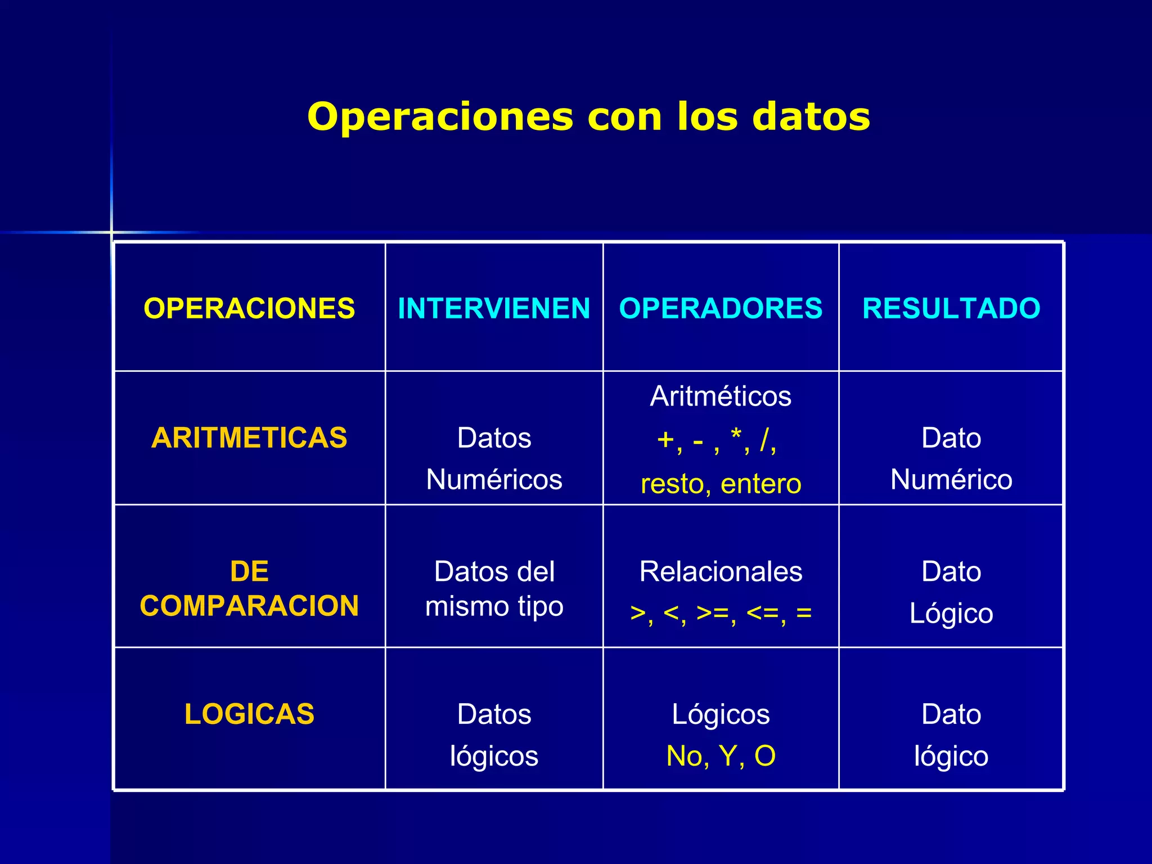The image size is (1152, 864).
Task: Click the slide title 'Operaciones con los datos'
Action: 588,117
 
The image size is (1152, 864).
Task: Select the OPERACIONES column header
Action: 249,308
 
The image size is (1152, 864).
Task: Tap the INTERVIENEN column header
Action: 494,308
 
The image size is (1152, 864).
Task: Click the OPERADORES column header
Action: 721,308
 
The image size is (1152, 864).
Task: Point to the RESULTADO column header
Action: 951,308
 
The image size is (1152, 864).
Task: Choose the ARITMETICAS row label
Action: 249,438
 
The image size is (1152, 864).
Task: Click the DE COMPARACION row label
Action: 249,588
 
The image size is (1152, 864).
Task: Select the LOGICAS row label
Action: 249,714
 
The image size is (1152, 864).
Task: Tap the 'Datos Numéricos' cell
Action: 494,458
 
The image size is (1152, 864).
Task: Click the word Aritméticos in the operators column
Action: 721,396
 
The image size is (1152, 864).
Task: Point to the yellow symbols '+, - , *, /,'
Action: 717,440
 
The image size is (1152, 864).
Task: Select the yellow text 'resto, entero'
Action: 721,484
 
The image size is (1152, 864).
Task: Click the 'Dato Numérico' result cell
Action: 951,458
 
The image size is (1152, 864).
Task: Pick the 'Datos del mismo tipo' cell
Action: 494,588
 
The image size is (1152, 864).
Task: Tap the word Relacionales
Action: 721,571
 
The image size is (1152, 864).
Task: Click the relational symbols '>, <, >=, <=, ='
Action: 721,613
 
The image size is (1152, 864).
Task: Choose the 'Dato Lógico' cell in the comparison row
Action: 951,592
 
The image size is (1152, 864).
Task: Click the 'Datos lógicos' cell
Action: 494,735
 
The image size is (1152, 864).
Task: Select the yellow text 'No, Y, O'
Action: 721,755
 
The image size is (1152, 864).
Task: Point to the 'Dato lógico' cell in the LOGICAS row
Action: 951,735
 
